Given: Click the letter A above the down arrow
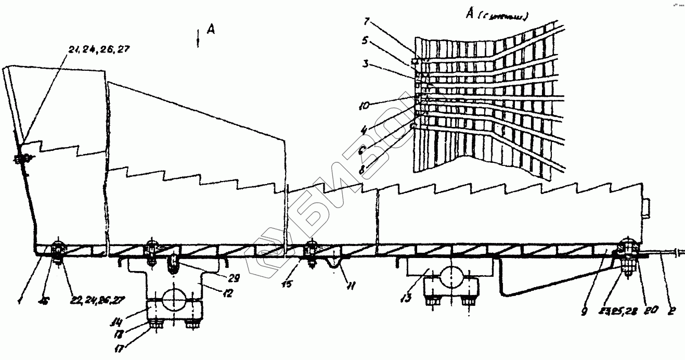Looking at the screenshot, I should (x=211, y=30).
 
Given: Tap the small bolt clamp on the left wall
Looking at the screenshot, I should (x=20, y=160).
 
